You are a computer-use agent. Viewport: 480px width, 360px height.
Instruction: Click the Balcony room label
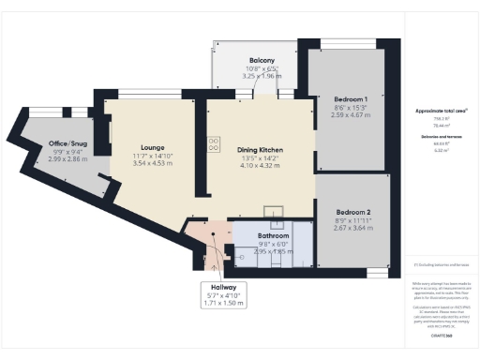(248, 59)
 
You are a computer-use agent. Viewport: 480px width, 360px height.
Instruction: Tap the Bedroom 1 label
(346, 98)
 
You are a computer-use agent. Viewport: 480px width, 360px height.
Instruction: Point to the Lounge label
(153, 147)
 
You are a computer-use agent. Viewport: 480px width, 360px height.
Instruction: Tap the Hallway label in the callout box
(222, 287)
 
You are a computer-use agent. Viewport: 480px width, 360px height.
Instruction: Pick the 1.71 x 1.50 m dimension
(222, 304)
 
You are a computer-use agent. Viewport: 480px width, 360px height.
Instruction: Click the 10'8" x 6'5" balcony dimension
(248, 68)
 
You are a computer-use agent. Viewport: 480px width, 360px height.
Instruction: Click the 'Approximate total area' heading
(441, 111)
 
